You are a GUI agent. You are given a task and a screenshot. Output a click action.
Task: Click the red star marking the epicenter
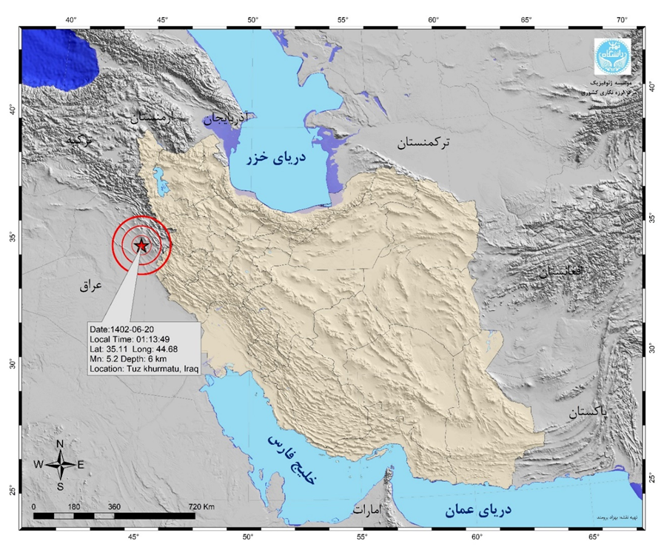click(x=141, y=246)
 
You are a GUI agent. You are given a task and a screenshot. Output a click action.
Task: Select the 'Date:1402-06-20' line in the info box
click(x=121, y=329)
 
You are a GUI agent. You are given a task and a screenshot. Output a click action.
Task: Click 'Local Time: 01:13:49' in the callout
click(x=129, y=339)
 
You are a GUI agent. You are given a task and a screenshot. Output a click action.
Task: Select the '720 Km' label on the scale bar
click(x=201, y=506)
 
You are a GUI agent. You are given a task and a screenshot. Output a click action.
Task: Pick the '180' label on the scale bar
click(x=74, y=506)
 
